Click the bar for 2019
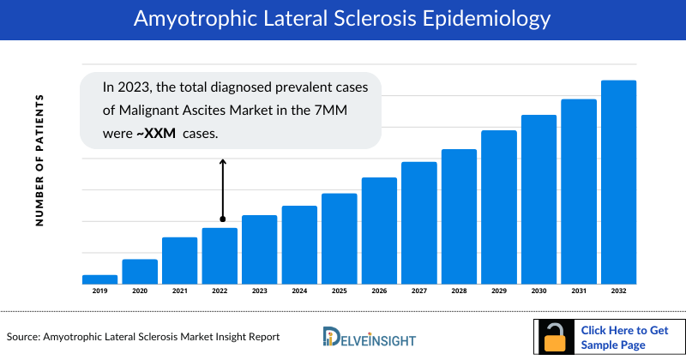tap(99, 279)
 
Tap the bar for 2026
tap(379, 231)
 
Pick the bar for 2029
tap(498, 207)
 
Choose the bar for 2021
tap(179, 261)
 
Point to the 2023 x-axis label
tap(259, 291)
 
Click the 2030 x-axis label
tap(538, 291)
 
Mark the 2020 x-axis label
tap(140, 291)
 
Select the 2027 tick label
tap(418, 291)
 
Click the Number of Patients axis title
tap(39, 160)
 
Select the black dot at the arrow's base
tap(223, 219)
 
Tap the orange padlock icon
tap(556, 339)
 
